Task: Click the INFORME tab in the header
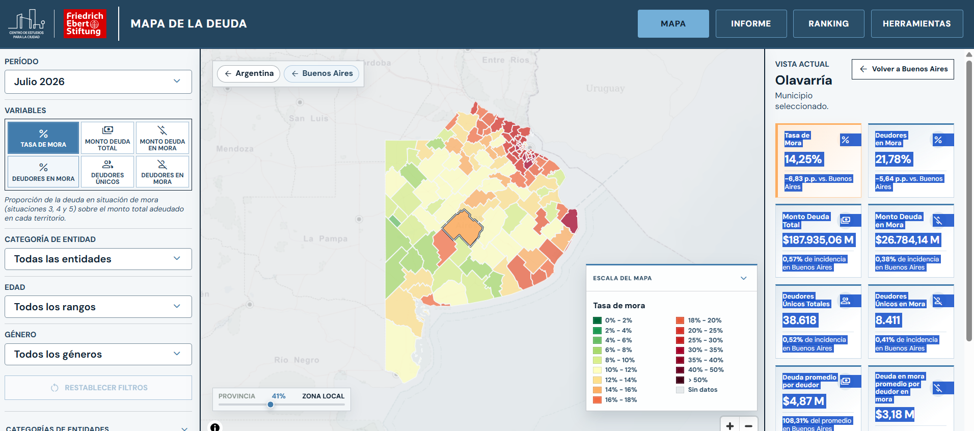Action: click(751, 24)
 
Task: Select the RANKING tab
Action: click(828, 24)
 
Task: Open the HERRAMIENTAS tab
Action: click(916, 24)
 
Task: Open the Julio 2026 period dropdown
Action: click(98, 82)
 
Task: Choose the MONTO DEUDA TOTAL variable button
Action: click(107, 138)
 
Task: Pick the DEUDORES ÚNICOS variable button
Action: click(107, 172)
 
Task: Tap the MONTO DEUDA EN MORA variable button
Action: click(162, 138)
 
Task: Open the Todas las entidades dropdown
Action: click(98, 259)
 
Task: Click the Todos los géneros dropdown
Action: click(98, 354)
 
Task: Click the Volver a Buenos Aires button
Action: click(903, 69)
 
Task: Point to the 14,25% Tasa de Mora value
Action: click(803, 159)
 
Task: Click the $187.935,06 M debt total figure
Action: click(819, 240)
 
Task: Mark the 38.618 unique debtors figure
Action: click(800, 320)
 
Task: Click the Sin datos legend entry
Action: click(696, 390)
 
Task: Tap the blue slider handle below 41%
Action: click(270, 405)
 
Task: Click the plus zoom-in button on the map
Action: click(730, 425)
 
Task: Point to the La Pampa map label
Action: click(326, 238)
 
